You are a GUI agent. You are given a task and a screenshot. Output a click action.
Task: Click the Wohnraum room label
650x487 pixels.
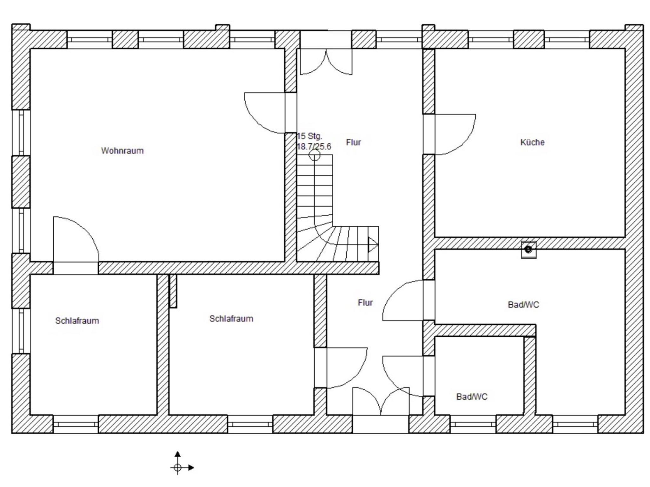(122, 151)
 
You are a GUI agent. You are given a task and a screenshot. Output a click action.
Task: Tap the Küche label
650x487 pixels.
(532, 142)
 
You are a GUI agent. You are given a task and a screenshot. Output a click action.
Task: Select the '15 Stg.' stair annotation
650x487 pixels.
(309, 136)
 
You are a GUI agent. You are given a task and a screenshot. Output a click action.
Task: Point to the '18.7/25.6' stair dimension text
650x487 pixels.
(314, 146)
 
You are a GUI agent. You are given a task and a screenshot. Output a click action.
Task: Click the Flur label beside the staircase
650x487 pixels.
(353, 142)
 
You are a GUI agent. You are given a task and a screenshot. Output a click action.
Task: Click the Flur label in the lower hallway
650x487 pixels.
(365, 302)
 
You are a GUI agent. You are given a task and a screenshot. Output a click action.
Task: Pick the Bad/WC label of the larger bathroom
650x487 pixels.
(523, 305)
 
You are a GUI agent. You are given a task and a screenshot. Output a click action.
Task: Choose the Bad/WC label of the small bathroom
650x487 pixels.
(472, 397)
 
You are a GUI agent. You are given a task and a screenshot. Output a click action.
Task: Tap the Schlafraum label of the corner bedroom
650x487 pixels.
(77, 321)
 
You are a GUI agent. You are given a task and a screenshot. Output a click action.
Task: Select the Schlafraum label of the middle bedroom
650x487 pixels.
(231, 319)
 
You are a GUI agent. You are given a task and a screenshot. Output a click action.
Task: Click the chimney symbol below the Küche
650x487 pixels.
(528, 250)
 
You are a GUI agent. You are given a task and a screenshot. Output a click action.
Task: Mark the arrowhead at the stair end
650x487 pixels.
(373, 244)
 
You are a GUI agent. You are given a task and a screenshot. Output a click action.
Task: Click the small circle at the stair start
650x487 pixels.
(315, 155)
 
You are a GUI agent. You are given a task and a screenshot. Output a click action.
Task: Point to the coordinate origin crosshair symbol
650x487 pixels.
(177, 467)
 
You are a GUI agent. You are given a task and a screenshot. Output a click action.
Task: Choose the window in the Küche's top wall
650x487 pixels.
(491, 40)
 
